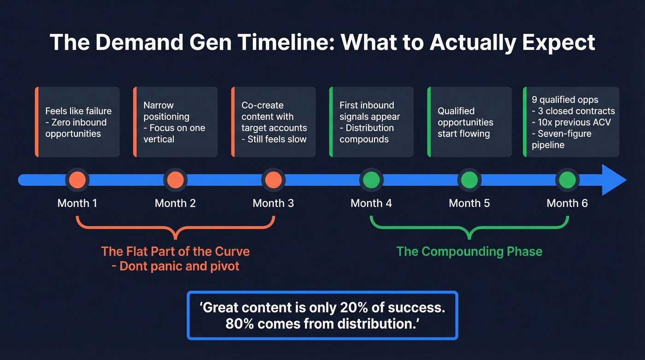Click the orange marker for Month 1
click(77, 179)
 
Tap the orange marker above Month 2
click(175, 179)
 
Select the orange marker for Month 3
click(273, 179)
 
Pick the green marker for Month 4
click(371, 179)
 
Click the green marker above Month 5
click(469, 179)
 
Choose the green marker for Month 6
click(567, 179)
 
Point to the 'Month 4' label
click(371, 203)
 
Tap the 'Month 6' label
click(567, 203)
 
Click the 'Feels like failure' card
click(77, 122)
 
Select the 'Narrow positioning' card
click(175, 122)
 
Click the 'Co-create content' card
click(273, 122)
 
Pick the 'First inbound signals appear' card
click(371, 122)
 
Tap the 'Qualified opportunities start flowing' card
click(469, 122)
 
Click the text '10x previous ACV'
click(575, 122)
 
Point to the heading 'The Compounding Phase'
click(469, 252)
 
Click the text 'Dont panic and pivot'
click(179, 266)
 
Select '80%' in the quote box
click(240, 324)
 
